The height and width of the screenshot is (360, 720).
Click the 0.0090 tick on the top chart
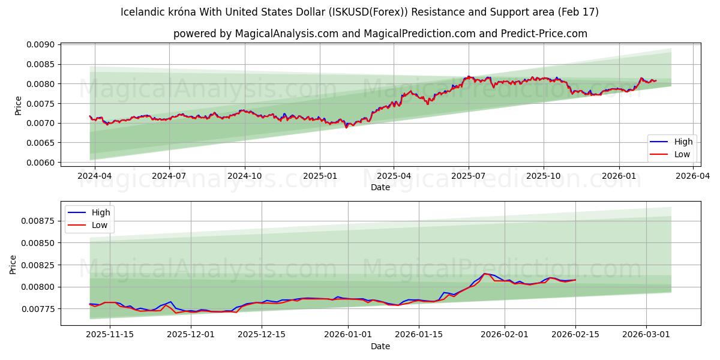coord(40,44)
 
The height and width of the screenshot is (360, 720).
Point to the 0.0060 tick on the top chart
coord(40,163)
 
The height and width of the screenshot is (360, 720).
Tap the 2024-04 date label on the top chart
coord(94,176)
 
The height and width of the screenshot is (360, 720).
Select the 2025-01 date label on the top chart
coord(319,176)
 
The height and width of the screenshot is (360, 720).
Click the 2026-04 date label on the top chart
coord(693,176)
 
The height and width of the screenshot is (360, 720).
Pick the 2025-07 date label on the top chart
coord(469,176)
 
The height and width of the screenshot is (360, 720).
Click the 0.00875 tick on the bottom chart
coord(37,221)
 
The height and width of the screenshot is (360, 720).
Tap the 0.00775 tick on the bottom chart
coord(37,309)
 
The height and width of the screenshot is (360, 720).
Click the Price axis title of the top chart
coord(18,105)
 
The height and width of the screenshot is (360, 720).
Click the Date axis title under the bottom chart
coord(380,346)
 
